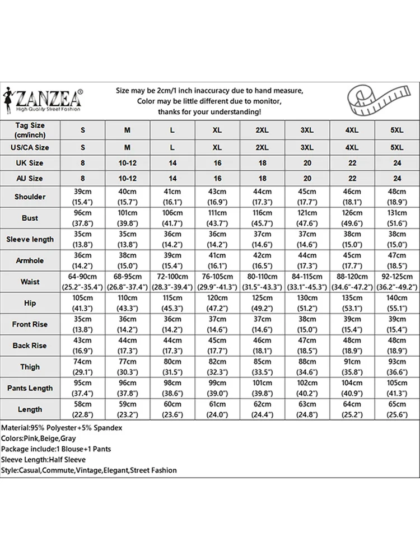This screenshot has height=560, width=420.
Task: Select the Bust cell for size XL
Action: (217, 218)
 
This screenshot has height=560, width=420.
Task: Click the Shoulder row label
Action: (30, 197)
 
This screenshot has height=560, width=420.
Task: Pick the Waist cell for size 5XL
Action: (396, 282)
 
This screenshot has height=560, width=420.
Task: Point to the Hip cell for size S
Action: (83, 303)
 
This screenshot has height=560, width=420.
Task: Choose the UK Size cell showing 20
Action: (307, 163)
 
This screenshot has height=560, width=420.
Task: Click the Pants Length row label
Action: (30, 388)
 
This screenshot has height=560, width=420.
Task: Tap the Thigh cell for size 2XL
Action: (262, 367)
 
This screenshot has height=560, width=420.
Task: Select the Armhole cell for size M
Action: (128, 260)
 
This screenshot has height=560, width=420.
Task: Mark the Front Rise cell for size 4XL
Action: (352, 324)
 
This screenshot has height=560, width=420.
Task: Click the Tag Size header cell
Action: (30, 130)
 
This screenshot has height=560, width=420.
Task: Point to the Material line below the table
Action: (62, 428)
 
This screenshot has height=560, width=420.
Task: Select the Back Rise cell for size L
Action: (172, 346)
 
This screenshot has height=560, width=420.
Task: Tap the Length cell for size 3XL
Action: (307, 409)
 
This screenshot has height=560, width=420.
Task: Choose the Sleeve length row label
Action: (30, 239)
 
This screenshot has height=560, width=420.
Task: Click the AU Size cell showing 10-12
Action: (128, 178)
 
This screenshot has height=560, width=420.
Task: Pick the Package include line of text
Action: (56, 449)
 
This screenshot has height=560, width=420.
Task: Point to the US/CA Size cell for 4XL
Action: (352, 148)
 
